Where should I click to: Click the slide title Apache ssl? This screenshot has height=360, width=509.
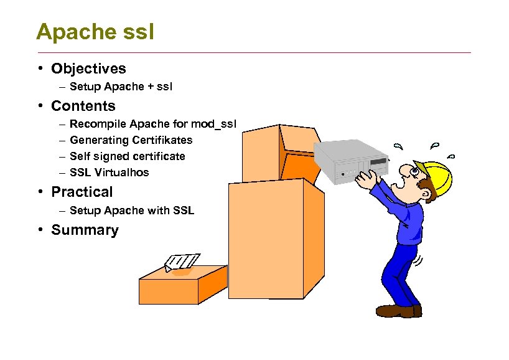pyautogui.click(x=95, y=31)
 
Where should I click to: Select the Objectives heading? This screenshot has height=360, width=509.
pyautogui.click(x=88, y=69)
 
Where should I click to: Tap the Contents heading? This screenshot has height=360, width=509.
pyautogui.click(x=83, y=106)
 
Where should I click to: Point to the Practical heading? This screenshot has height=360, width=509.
pyautogui.click(x=82, y=192)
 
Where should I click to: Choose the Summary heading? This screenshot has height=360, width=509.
pyautogui.click(x=85, y=230)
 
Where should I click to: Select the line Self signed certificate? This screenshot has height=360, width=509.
pyautogui.click(x=128, y=156)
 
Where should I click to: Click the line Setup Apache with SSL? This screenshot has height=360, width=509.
pyautogui.click(x=132, y=211)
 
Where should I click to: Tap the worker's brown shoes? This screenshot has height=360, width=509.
pyautogui.click(x=398, y=310)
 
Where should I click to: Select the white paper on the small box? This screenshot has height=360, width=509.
pyautogui.click(x=182, y=262)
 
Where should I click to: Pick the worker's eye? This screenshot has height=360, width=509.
pyautogui.click(x=414, y=169)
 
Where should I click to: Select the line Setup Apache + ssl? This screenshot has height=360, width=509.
pyautogui.click(x=121, y=87)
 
